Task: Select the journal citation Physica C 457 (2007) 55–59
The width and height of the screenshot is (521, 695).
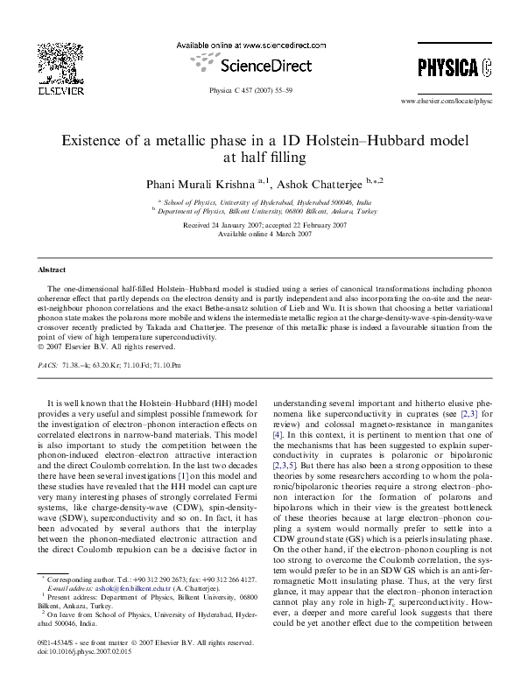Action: (259, 91)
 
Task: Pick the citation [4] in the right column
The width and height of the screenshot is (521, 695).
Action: (278, 433)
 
